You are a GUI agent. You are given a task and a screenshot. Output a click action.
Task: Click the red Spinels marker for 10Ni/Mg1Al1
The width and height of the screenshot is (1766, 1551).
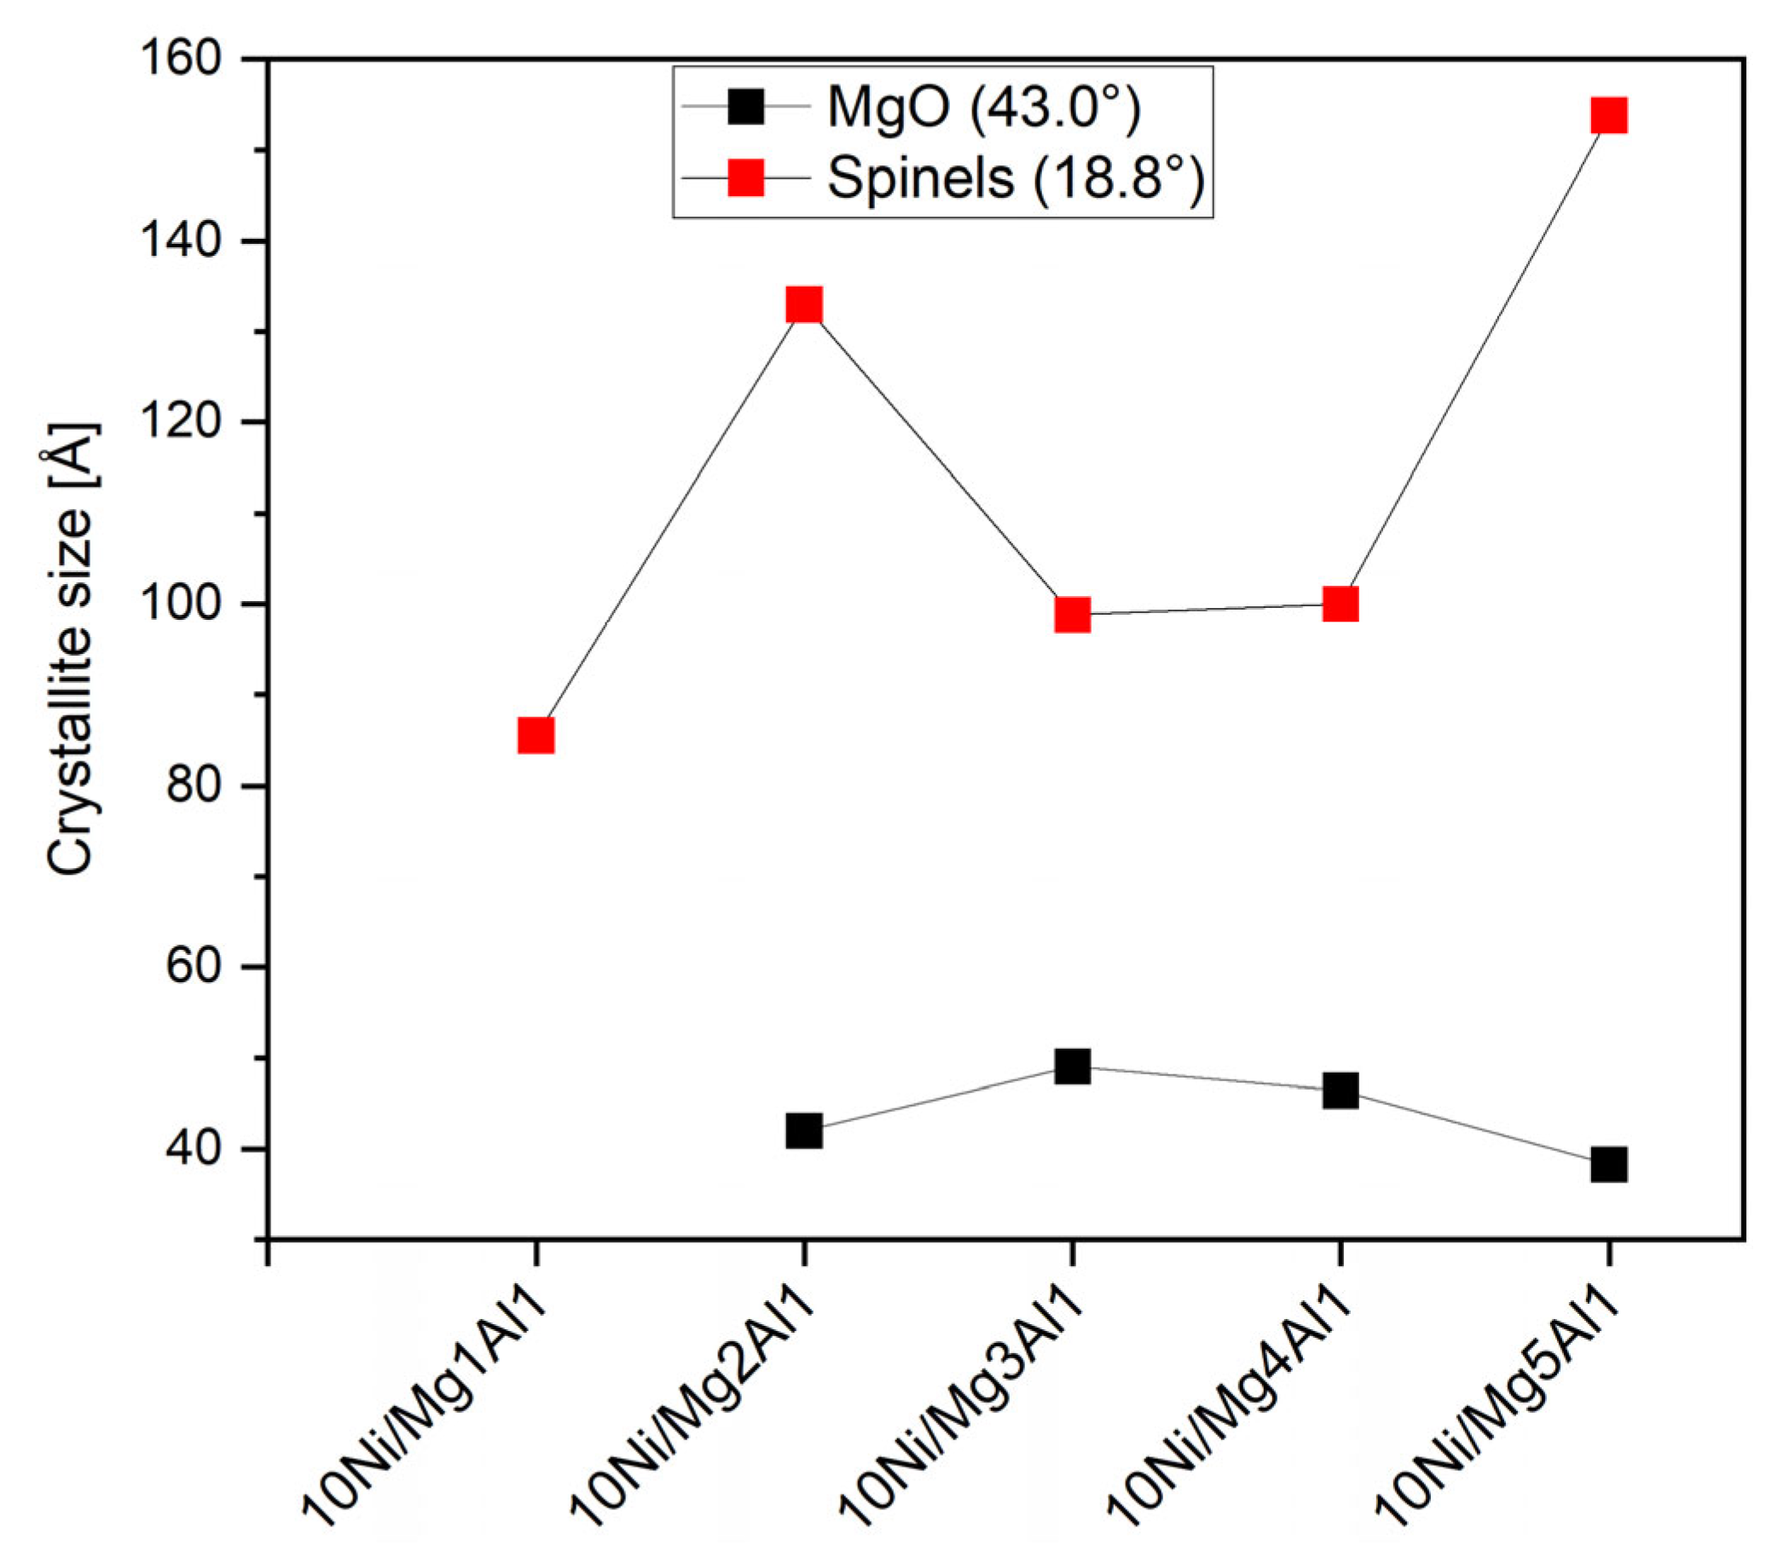(536, 736)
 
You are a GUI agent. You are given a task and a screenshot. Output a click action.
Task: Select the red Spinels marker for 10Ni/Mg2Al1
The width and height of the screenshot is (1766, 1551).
(803, 304)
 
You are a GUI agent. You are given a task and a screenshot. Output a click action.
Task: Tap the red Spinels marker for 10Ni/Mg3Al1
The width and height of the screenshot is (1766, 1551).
(1072, 615)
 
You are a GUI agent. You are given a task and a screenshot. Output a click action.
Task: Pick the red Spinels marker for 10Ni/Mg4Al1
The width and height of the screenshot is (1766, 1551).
(1340, 604)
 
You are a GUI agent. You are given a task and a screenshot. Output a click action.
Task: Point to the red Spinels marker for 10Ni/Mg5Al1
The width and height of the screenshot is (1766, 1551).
(1609, 115)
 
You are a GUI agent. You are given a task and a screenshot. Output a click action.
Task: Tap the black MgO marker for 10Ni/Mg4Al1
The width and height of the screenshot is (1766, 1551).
(1340, 1091)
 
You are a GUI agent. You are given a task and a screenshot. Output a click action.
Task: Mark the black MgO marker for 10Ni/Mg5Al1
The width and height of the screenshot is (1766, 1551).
(1609, 1165)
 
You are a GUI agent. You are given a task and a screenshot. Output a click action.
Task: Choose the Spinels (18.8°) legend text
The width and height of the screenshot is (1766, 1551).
(1016, 179)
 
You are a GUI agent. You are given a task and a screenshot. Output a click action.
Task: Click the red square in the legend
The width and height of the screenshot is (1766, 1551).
(745, 179)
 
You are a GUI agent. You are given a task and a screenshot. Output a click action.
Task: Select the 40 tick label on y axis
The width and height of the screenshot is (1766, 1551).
(203, 1149)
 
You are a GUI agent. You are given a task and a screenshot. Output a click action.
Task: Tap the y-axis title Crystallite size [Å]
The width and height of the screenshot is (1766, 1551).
(71, 648)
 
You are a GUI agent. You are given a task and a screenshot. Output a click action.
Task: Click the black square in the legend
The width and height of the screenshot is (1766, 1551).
(745, 107)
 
